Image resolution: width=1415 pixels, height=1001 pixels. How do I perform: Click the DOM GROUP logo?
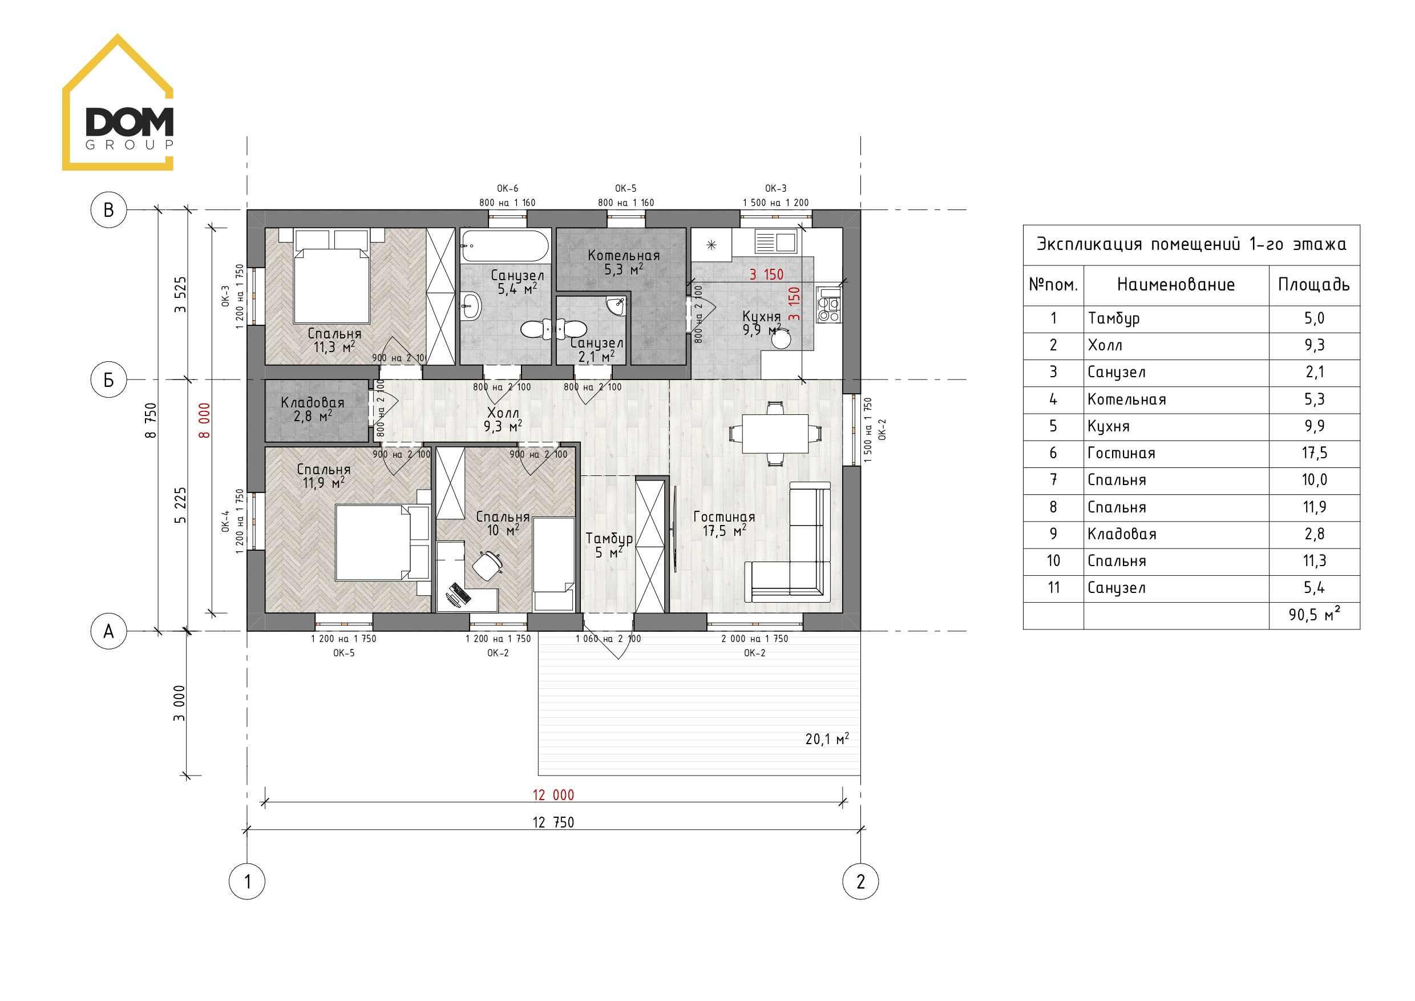(x=118, y=102)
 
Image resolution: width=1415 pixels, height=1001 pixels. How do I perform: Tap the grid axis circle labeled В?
(x=108, y=210)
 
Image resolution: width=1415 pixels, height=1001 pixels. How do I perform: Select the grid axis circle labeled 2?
(x=860, y=881)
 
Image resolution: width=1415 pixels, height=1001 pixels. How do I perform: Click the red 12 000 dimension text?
(x=553, y=795)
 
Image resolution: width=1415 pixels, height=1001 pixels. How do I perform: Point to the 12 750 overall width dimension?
(x=553, y=822)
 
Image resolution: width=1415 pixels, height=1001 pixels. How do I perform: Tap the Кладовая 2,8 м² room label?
(x=313, y=409)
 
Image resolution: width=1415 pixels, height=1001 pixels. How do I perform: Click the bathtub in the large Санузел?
(x=505, y=247)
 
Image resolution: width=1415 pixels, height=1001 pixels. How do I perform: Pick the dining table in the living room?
(x=775, y=434)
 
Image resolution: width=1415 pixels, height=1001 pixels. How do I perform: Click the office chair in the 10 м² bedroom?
(x=487, y=566)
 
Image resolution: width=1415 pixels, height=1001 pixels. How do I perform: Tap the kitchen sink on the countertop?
(x=776, y=241)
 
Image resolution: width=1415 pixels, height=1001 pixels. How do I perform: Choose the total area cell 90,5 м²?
(x=1314, y=615)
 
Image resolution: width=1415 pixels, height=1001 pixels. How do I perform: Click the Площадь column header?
(x=1314, y=284)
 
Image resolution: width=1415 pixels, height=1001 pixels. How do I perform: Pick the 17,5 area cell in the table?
(x=1314, y=453)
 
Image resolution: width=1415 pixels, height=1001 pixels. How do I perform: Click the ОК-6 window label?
(x=508, y=188)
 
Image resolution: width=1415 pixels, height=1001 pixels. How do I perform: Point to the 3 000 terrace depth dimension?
(x=179, y=703)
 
